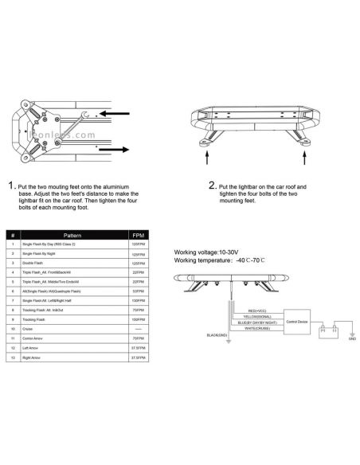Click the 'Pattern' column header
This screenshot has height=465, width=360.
point(72,236)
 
